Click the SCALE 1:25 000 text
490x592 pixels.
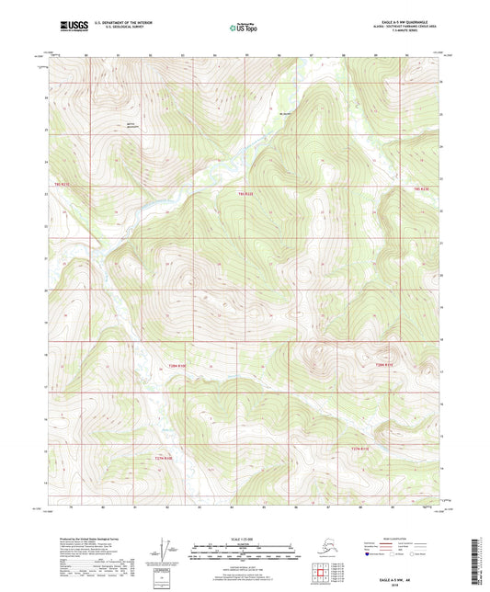pyautogui.click(x=244, y=538)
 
